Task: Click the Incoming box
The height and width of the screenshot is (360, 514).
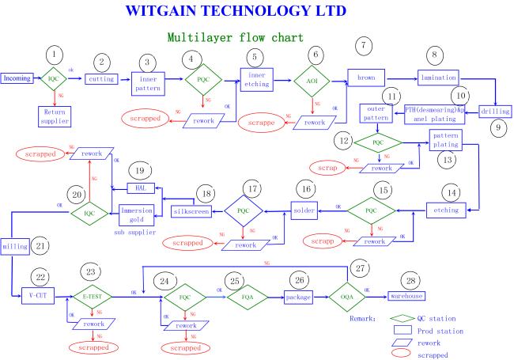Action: [17, 78]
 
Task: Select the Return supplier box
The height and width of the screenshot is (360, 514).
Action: [55, 116]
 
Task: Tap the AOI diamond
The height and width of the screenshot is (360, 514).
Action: [312, 81]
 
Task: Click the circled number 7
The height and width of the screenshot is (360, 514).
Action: [364, 46]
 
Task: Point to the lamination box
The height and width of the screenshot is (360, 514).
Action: [438, 78]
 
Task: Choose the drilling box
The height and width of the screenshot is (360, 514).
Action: [495, 112]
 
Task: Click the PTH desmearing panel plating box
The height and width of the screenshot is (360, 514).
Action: [434, 114]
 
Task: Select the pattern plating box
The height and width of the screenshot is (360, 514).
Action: [446, 140]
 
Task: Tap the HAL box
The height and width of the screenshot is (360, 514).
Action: [141, 188]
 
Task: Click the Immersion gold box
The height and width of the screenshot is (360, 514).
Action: [136, 214]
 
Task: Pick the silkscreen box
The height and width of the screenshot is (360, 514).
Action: [191, 211]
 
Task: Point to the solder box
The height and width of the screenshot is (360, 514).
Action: [304, 210]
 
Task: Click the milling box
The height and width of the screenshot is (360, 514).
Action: [15, 247]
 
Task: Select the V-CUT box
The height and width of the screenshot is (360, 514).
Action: [38, 296]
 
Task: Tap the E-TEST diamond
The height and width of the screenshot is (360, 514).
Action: [93, 297]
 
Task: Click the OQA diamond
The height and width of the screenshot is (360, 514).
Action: [347, 297]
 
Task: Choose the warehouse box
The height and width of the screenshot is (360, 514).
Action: [406, 296]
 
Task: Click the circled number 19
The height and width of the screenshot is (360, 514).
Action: [140, 170]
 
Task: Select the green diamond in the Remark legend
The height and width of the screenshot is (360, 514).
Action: [403, 318]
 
